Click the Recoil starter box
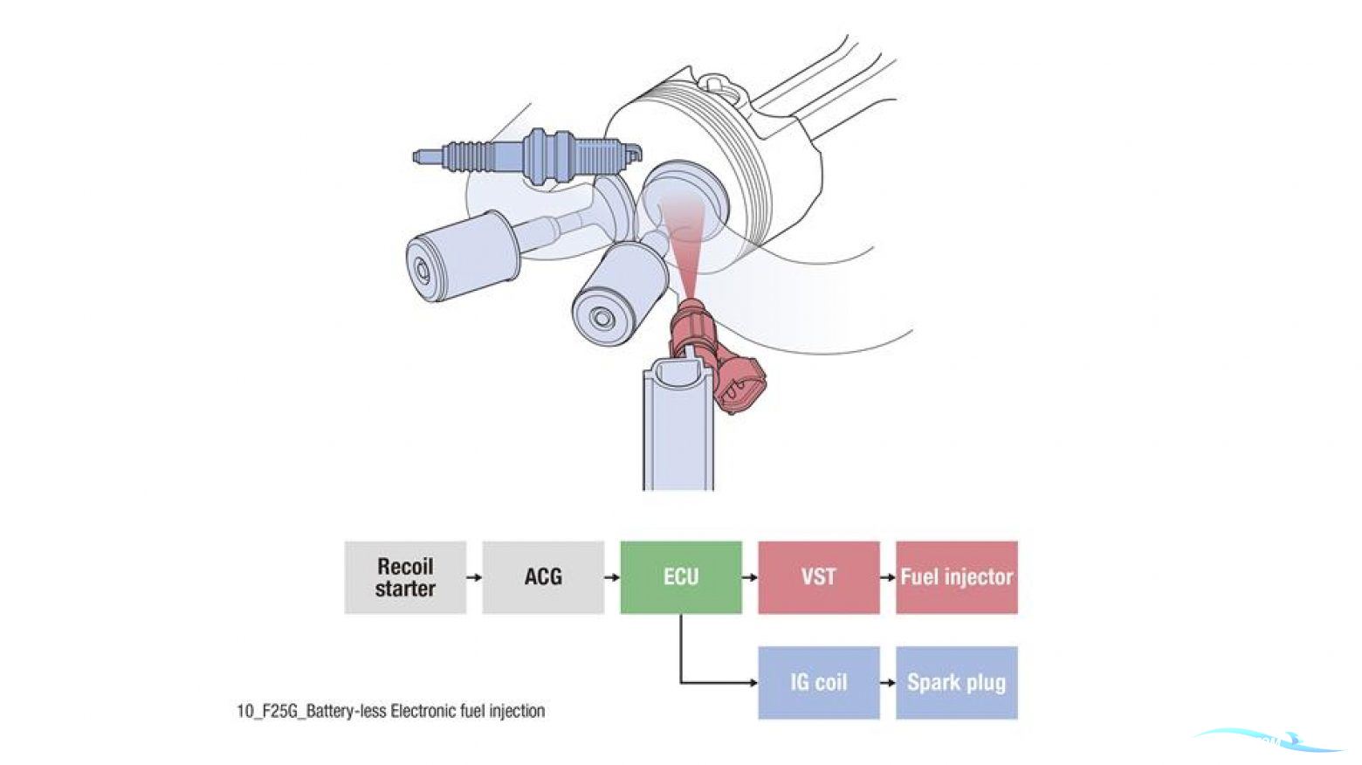click(405, 577)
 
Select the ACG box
click(543, 577)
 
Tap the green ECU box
click(681, 577)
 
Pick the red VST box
click(819, 577)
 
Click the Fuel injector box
click(957, 577)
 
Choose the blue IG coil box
click(819, 682)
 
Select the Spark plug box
click(957, 682)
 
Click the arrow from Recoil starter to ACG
click(474, 577)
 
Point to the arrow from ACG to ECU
click(612, 577)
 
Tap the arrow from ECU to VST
click(750, 577)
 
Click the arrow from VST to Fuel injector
click(888, 577)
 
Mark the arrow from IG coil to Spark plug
click(888, 682)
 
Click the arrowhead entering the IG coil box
click(753, 682)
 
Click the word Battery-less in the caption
click(346, 711)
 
